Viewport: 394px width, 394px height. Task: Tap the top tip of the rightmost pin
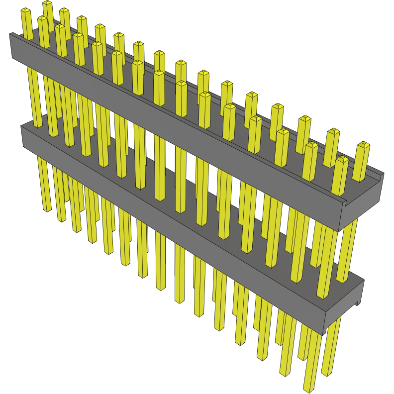point(364,145)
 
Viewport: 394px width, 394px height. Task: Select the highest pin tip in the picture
point(47,3)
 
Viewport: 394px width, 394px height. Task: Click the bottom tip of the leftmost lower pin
point(47,209)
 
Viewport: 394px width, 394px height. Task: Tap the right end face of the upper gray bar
point(363,201)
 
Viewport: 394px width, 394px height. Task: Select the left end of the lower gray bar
point(22,137)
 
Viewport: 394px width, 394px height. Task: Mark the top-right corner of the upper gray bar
point(384,174)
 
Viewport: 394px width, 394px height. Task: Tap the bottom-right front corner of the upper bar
point(340,231)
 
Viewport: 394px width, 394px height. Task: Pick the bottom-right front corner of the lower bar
point(324,334)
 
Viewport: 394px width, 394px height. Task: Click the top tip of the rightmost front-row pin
point(342,160)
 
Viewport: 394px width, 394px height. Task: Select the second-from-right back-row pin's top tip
point(333,132)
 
